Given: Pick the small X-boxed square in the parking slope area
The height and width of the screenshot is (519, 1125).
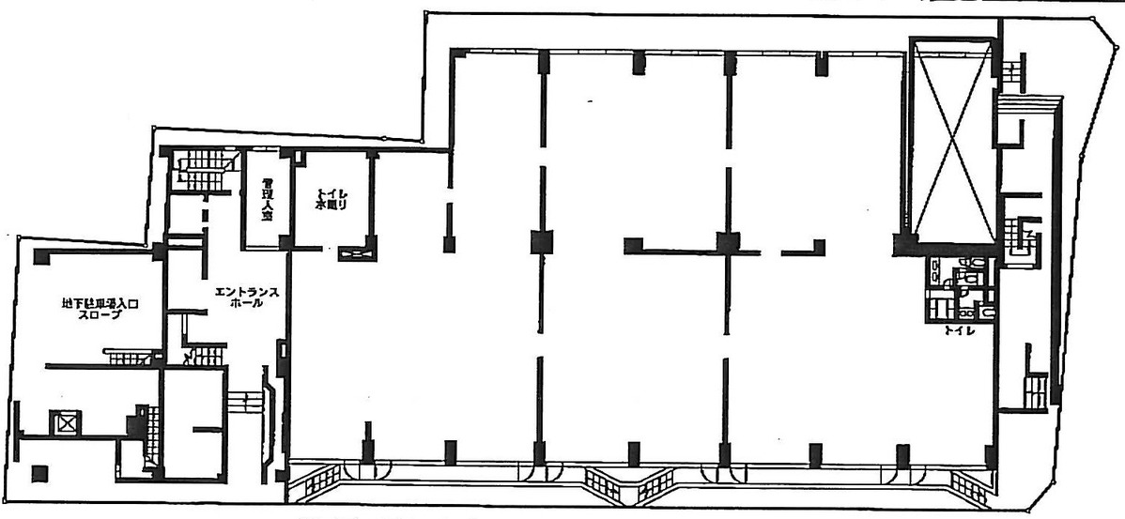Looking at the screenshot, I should coord(68,422).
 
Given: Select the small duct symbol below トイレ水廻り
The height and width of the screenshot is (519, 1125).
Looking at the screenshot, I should coord(357,252).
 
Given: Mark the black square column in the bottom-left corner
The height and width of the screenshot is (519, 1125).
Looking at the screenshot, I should coord(39,472).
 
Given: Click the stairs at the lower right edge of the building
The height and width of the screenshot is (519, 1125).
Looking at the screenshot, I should coord(1033,389).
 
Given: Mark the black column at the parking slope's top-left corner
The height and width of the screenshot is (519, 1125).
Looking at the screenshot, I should coord(41,256).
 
